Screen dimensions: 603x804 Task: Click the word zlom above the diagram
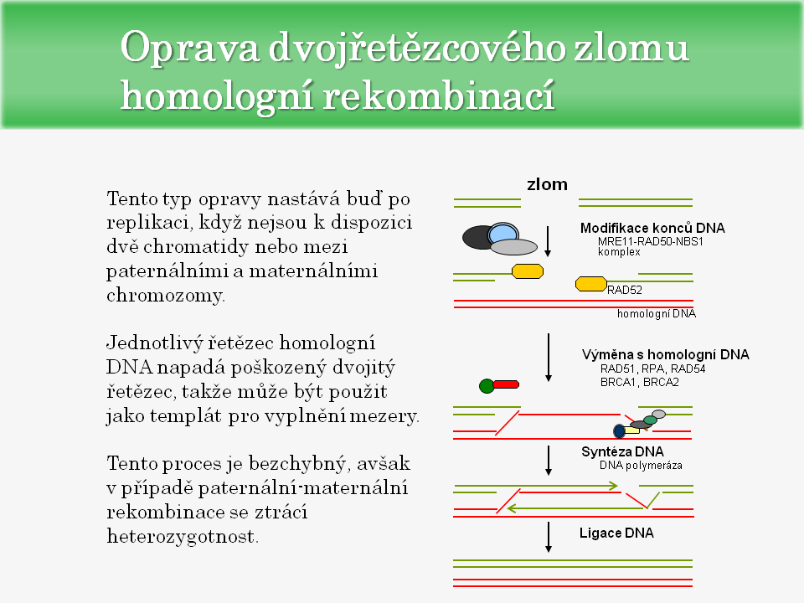tap(547, 184)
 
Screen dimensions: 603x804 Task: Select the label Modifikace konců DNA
tap(652, 228)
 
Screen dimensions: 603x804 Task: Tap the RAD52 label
tap(624, 291)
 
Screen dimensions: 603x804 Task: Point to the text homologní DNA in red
tap(657, 314)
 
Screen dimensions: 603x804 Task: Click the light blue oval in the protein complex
tap(502, 233)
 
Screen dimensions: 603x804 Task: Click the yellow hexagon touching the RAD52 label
tap(590, 284)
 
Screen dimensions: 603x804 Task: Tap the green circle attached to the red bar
tap(487, 386)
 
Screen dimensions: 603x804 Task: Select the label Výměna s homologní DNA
tap(666, 354)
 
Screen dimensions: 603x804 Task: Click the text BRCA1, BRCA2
tap(641, 381)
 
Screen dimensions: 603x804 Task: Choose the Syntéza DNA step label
tap(622, 451)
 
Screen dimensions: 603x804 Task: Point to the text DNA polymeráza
tap(642, 465)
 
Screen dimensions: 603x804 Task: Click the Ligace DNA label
tap(616, 533)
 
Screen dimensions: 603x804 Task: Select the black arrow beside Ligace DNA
tap(549, 536)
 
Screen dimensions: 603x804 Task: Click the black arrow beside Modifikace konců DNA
tap(547, 240)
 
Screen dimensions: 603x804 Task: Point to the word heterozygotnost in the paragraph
tap(182, 537)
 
